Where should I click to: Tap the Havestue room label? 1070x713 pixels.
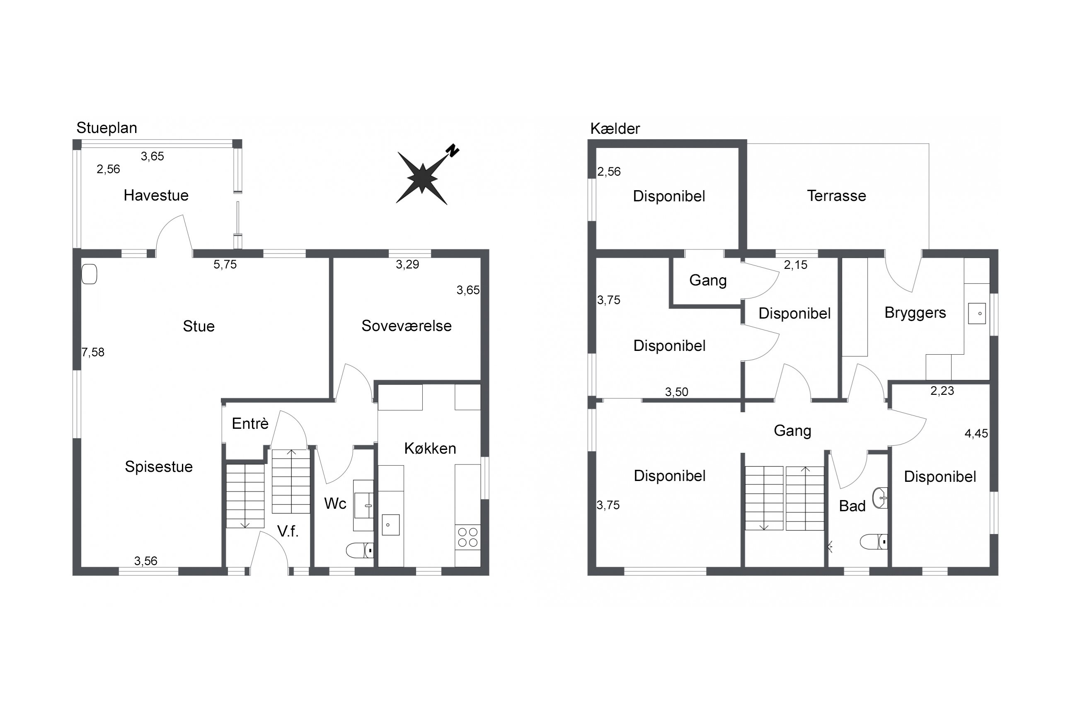(x=156, y=196)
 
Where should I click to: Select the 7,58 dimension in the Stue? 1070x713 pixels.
(x=93, y=353)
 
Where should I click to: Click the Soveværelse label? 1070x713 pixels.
(x=407, y=326)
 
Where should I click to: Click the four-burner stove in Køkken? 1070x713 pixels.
(x=467, y=537)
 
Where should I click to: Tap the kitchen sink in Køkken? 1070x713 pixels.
(x=391, y=525)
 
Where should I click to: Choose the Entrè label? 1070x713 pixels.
(x=250, y=424)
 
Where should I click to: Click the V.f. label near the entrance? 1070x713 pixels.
(x=288, y=531)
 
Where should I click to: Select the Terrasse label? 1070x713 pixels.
(x=836, y=196)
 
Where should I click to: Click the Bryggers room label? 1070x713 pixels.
(x=915, y=313)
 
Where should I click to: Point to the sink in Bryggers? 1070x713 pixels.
(x=977, y=313)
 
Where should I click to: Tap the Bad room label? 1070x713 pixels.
(x=852, y=506)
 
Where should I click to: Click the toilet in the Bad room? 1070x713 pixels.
(x=874, y=541)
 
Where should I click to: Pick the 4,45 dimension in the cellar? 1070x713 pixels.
(x=976, y=434)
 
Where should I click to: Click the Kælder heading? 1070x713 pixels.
(x=615, y=129)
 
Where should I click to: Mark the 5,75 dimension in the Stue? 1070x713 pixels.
(x=225, y=265)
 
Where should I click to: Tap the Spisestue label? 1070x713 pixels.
(x=159, y=467)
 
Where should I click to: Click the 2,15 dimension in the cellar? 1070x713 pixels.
(x=795, y=265)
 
